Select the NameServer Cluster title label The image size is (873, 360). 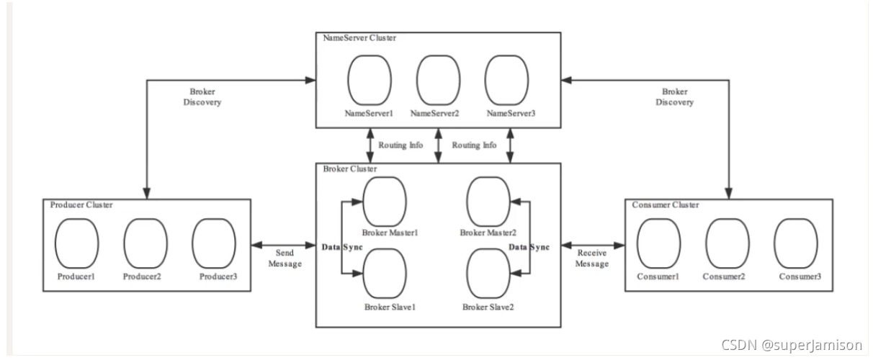[359, 37]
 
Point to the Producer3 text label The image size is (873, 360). [218, 276]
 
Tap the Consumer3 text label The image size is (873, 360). [800, 276]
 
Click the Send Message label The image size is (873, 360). [285, 258]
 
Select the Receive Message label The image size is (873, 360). [591, 258]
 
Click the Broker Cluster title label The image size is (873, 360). [349, 168]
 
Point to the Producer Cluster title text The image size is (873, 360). [81, 204]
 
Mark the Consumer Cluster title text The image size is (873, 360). [666, 204]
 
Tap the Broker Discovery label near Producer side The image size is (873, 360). [202, 96]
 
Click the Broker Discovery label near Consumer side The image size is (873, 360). [674, 96]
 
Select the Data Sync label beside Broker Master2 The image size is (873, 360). [529, 247]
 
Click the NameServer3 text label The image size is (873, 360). [511, 113]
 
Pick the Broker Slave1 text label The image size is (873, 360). [390, 307]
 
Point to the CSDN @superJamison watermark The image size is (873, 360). [791, 345]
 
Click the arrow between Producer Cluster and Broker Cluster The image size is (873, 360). [283, 245]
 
